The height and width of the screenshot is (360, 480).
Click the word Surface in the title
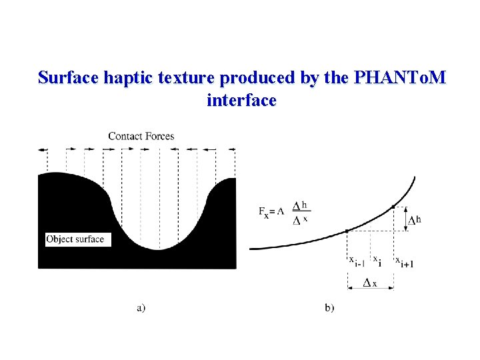coord(69,78)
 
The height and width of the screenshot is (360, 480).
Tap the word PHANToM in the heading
coord(399,78)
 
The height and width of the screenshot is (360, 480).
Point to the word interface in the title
coord(241,101)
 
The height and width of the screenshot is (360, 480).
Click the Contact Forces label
coord(141,136)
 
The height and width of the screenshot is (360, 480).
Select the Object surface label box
coord(75,239)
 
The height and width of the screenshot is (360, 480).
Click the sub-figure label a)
coord(141,307)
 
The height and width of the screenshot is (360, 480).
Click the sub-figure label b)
coord(329,307)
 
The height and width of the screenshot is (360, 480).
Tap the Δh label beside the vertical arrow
coord(415,219)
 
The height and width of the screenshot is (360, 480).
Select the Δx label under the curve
coord(369,283)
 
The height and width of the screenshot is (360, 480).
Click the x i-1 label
coord(356,261)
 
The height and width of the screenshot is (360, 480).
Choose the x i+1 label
coord(405,261)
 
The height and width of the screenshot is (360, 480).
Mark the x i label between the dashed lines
coord(377,259)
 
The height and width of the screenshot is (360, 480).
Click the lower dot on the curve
coord(347,231)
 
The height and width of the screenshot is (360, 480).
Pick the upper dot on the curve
coord(393,207)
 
